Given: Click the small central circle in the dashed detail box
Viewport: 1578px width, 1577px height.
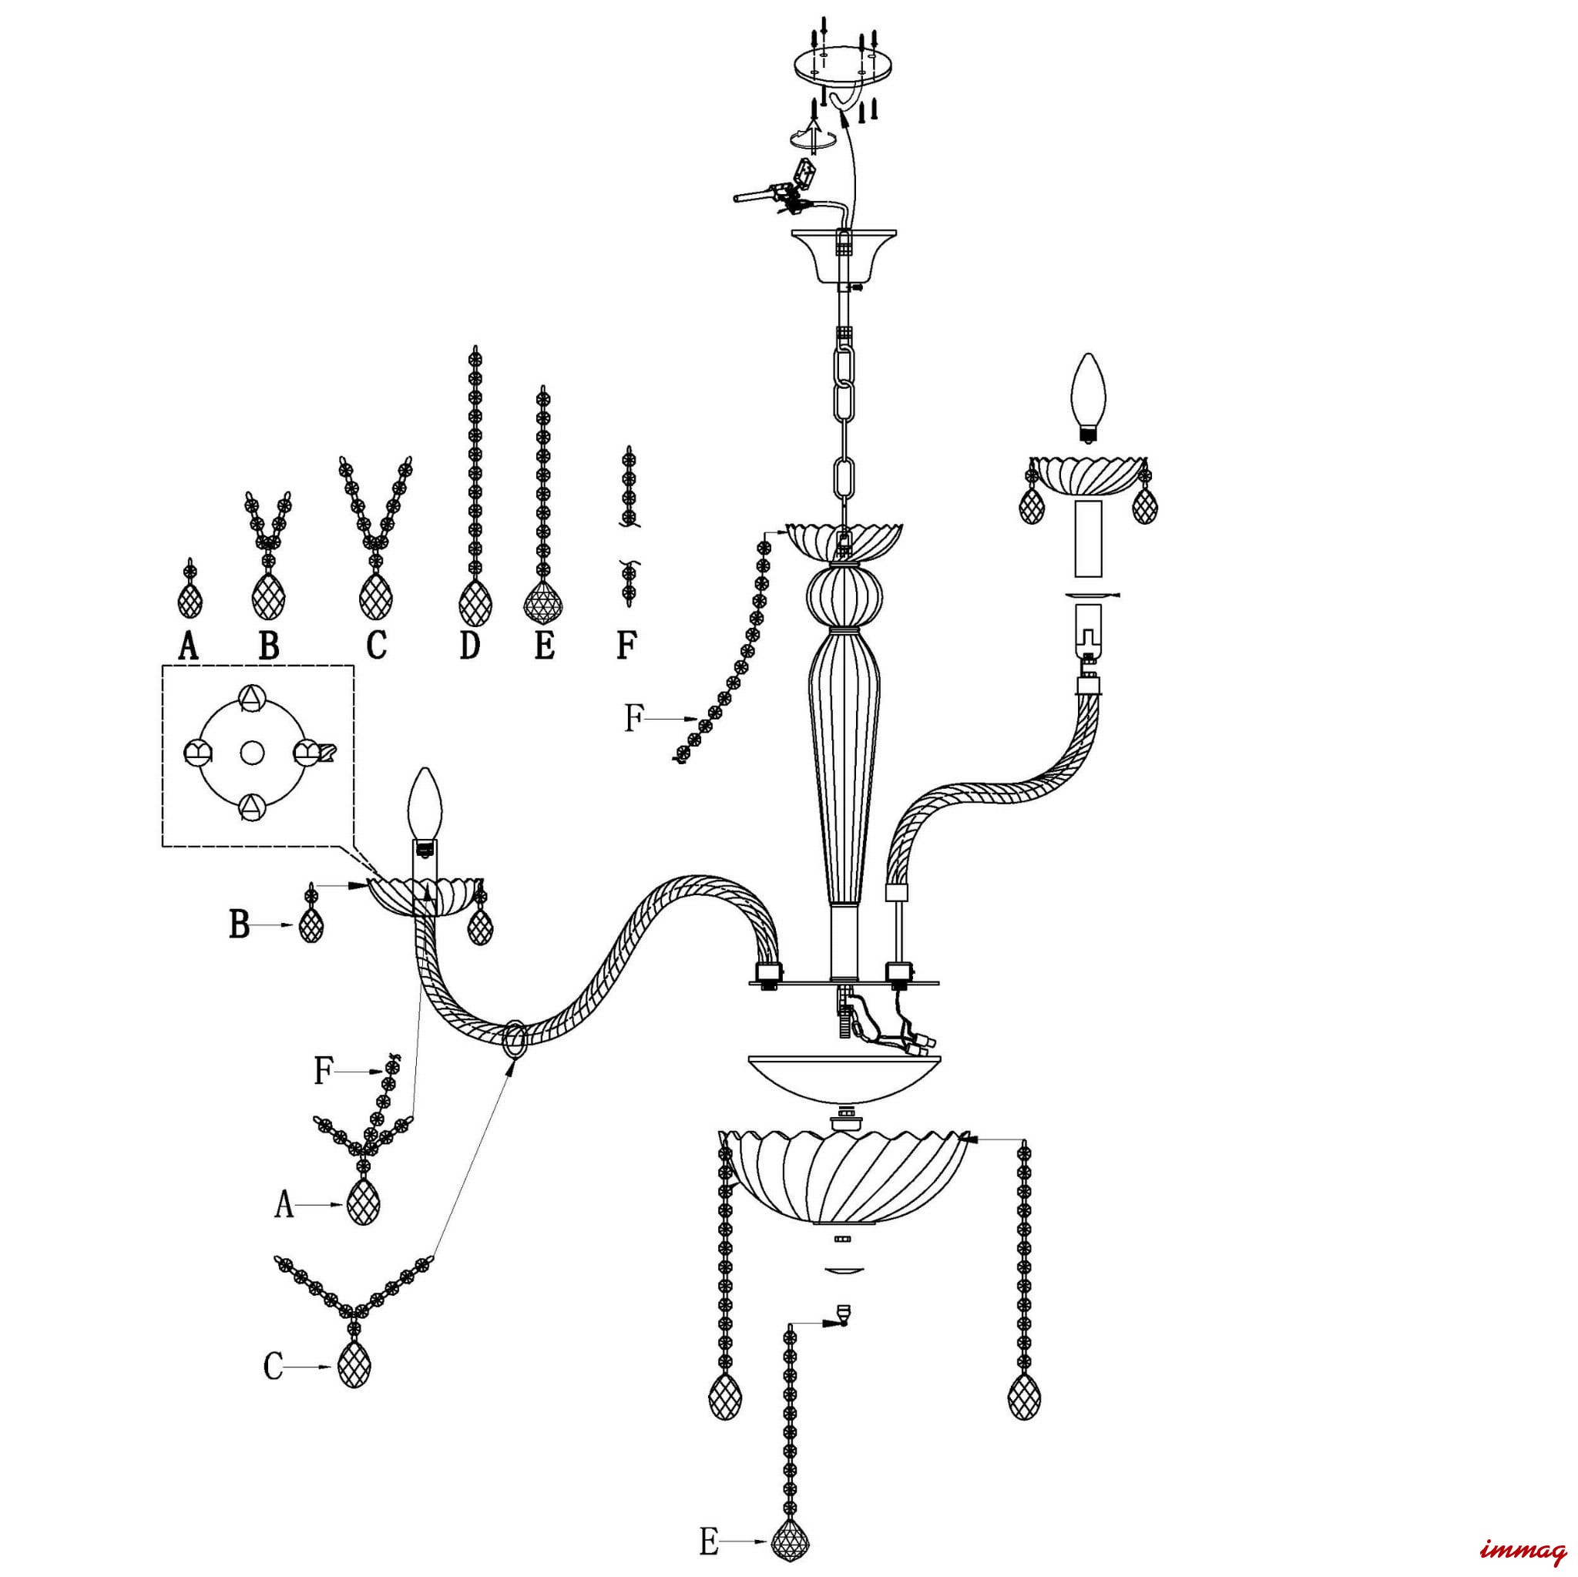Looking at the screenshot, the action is point(250,751).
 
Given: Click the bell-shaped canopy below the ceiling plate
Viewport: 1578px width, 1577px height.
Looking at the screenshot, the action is point(844,255).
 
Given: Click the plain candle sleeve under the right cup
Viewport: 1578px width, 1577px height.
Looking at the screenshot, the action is point(1087,539).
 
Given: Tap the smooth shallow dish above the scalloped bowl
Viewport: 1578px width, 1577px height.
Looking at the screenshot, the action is point(844,1076).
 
